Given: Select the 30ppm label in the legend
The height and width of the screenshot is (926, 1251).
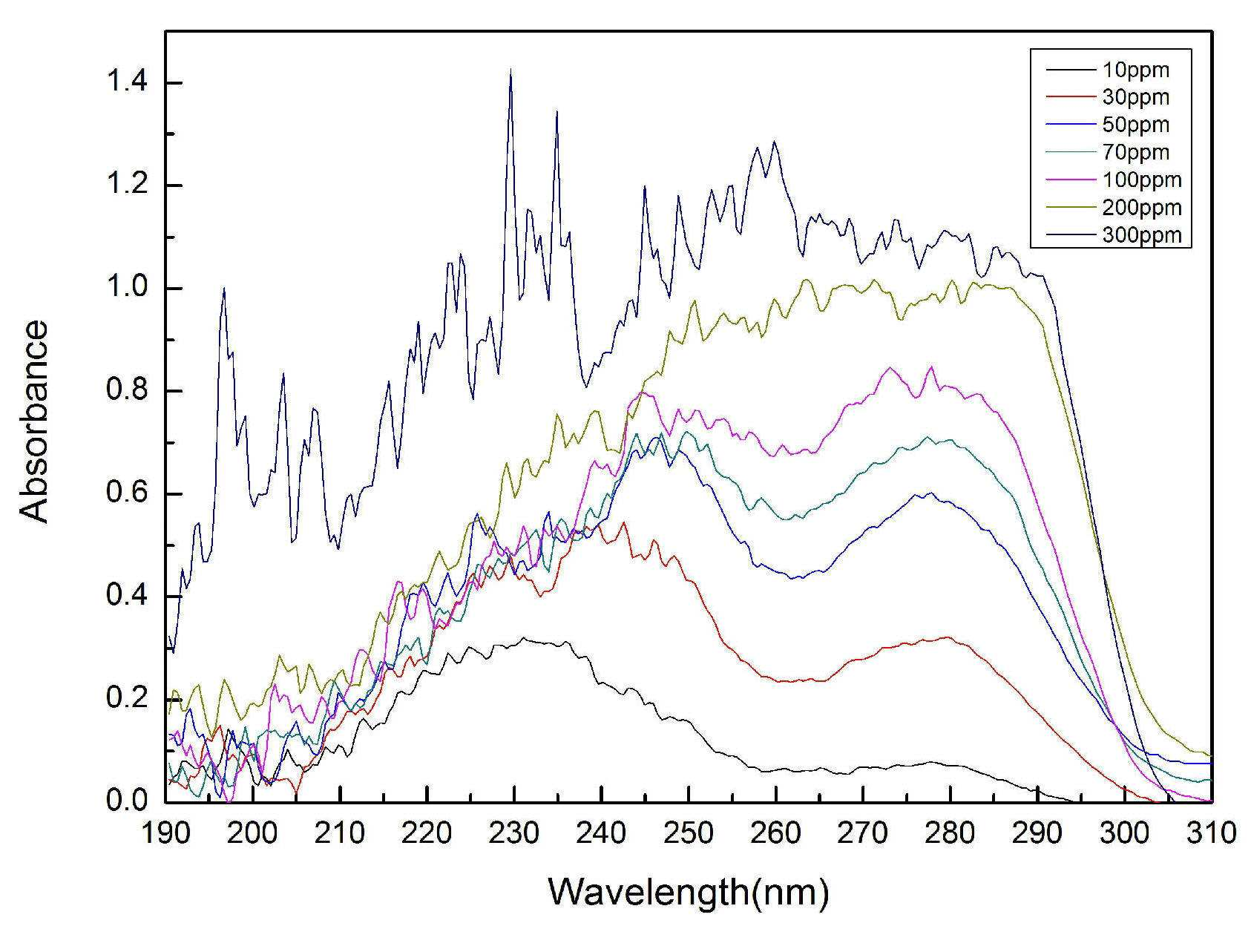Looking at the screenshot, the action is [1135, 97].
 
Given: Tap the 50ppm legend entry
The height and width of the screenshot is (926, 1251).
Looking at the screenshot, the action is [1135, 125].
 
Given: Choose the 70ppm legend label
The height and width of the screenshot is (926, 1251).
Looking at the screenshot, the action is [1135, 152].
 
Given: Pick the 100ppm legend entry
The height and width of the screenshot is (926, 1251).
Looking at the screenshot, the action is [1141, 180].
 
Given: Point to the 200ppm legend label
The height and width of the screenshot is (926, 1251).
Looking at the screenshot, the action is [1141, 208].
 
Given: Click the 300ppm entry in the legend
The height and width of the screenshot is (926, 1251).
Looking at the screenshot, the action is [1141, 234].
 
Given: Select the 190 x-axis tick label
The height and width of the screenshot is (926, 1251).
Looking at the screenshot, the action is [165, 833].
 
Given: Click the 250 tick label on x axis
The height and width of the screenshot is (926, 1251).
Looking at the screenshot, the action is [689, 833].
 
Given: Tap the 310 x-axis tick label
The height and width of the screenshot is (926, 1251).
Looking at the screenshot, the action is [1211, 833].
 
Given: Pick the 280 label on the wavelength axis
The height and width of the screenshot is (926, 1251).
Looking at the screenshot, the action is [950, 833].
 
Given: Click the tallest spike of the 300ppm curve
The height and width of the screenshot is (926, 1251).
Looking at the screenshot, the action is [510, 70].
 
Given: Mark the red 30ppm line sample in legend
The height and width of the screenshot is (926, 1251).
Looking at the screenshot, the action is [1062, 97].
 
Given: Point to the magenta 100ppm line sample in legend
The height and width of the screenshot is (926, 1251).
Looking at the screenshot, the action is [1062, 180].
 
